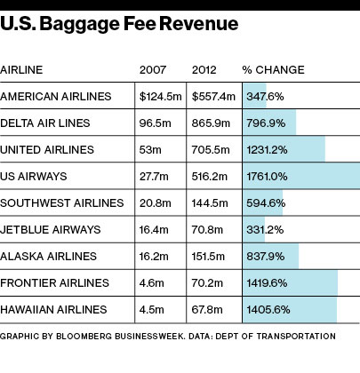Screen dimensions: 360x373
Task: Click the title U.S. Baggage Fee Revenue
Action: tap(119, 25)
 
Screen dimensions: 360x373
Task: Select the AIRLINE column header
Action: tap(21, 70)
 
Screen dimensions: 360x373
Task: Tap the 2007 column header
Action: tap(153, 70)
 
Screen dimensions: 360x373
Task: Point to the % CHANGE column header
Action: tap(273, 70)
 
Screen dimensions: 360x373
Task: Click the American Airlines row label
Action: tap(56, 97)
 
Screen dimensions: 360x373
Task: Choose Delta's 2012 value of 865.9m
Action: tap(211, 123)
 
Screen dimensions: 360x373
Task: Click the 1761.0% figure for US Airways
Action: tap(267, 177)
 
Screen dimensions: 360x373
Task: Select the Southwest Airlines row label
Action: tap(62, 203)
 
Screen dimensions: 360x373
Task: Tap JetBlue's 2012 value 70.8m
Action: tap(207, 230)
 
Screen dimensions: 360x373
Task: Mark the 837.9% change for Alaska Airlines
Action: tap(266, 257)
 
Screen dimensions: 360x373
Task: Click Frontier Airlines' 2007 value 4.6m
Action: tap(152, 283)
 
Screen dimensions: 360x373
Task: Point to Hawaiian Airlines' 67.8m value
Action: tap(207, 310)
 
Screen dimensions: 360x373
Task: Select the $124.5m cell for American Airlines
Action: tap(161, 97)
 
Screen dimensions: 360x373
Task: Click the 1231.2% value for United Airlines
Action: tap(267, 150)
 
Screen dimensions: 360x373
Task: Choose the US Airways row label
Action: tap(34, 177)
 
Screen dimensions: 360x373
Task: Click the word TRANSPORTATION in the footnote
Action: tap(296, 337)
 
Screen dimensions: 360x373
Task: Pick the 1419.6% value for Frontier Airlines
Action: tap(267, 283)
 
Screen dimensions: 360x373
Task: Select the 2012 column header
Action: tap(204, 70)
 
